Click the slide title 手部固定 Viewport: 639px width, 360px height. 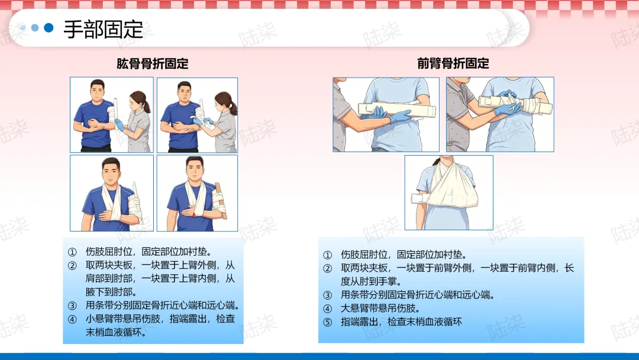[103, 30]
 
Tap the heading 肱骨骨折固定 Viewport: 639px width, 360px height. [153, 64]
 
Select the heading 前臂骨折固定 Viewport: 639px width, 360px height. [453, 63]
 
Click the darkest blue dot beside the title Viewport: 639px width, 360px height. [49, 28]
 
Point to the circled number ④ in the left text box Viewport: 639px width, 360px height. [72, 319]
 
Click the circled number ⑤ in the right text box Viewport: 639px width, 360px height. [328, 322]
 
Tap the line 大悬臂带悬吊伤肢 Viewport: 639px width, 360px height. [380, 308]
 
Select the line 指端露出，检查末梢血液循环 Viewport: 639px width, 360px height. [401, 322]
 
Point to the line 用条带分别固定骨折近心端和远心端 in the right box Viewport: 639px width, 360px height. [418, 295]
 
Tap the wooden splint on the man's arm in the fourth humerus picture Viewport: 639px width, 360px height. [221, 200]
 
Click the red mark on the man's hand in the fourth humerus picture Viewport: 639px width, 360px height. [194, 214]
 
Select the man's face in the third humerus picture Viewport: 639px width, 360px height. [111, 171]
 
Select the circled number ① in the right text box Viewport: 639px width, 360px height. [328, 255]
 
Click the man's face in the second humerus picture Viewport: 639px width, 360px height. [184, 94]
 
